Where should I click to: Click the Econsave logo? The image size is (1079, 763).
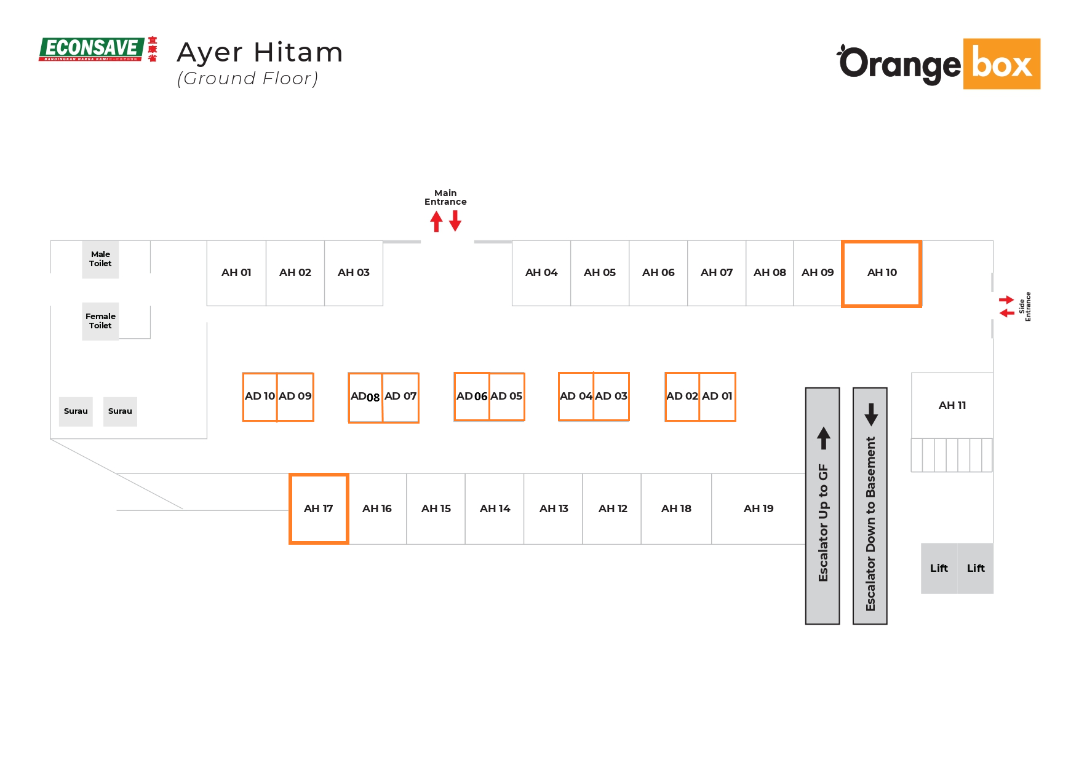click(97, 49)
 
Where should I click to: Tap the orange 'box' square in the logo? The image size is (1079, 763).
click(1001, 64)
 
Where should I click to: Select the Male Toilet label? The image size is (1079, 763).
click(100, 259)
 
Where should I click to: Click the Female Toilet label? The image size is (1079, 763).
click(100, 321)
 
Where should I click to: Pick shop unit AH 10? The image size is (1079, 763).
click(882, 273)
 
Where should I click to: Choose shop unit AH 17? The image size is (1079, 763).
click(319, 508)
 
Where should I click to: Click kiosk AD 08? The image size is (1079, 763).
click(365, 397)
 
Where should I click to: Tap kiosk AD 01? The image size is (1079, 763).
click(717, 397)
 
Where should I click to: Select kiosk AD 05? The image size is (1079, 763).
click(506, 397)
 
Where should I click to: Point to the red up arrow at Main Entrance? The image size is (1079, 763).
click(436, 221)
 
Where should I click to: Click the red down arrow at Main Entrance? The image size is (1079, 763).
click(455, 221)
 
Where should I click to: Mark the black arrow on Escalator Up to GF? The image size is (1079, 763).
click(824, 438)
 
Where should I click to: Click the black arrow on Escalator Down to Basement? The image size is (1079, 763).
click(871, 414)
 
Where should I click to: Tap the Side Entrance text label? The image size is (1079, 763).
click(1025, 306)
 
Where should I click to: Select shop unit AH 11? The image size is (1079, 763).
click(952, 405)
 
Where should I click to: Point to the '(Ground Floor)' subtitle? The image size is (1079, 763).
click(247, 79)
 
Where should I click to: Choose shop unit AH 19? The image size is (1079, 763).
click(758, 508)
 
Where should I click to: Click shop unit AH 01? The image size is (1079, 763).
click(236, 273)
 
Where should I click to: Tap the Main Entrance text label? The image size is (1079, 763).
click(445, 197)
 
